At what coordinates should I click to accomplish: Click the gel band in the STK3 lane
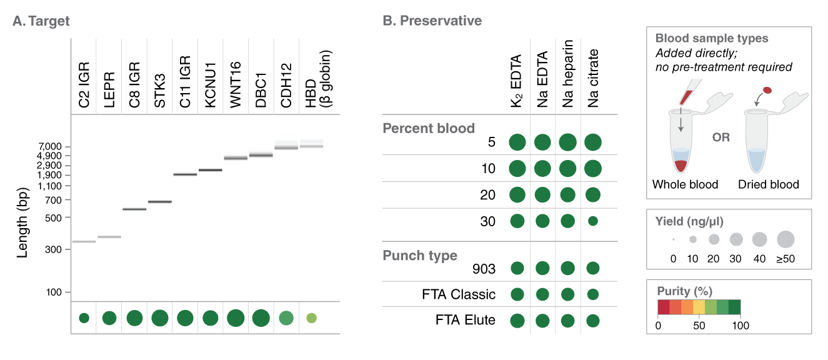pos(159,202)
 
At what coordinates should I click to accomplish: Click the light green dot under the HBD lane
pos(311,318)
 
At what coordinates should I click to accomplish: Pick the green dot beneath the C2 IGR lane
pos(84,318)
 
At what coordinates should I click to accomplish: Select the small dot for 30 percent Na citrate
pos(592,221)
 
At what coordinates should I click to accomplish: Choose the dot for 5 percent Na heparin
pos(567,142)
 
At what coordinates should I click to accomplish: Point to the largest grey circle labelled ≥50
pos(785,239)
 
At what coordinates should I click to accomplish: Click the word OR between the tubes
pos(721,137)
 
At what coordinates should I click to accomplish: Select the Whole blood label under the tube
pos(685,185)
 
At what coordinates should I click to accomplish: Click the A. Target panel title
pos(41,21)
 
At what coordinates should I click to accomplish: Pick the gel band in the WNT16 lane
pos(236,158)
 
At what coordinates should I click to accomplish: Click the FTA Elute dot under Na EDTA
pos(542,321)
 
